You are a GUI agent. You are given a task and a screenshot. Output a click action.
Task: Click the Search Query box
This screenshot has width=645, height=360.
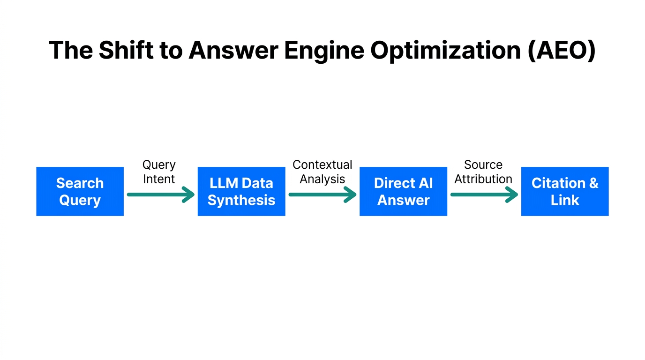(x=80, y=191)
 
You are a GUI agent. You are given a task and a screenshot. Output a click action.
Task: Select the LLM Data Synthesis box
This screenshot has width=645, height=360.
(x=241, y=191)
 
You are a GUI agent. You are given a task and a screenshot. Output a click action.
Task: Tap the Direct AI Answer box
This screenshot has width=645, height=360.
(x=403, y=191)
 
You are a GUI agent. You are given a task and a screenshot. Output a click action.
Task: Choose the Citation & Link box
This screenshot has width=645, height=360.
(x=565, y=191)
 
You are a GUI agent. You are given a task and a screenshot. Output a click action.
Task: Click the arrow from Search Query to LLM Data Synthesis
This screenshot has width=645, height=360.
(x=160, y=194)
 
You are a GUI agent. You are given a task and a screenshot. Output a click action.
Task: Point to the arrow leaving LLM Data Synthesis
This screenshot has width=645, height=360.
(x=322, y=194)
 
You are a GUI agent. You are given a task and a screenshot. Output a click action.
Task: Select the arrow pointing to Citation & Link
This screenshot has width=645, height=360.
(x=484, y=194)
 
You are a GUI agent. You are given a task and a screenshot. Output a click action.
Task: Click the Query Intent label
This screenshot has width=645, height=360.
(x=159, y=172)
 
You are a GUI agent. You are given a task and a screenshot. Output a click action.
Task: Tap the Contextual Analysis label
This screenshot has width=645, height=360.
(x=322, y=172)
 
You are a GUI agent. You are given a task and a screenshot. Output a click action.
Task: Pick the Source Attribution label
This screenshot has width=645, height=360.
(x=483, y=172)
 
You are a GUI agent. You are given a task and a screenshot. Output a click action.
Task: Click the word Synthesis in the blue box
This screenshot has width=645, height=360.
(x=241, y=201)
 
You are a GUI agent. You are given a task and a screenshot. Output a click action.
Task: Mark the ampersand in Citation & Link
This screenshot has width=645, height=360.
(x=593, y=183)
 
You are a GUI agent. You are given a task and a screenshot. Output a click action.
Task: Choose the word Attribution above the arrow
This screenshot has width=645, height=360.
(x=483, y=179)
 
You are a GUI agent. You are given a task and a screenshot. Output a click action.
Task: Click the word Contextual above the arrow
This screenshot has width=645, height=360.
(x=322, y=165)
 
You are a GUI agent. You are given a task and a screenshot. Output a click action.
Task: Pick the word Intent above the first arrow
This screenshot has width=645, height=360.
(x=159, y=179)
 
